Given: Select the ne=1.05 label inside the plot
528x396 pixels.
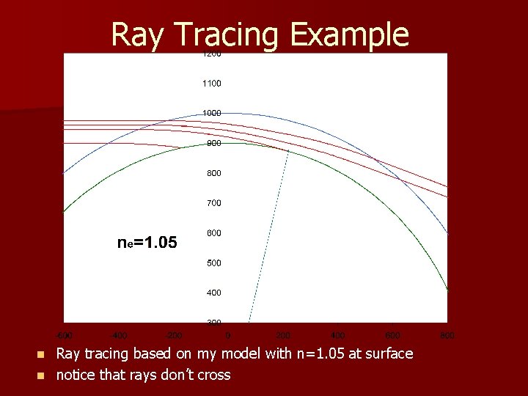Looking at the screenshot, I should (147, 242).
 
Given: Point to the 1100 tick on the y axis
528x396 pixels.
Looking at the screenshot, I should (212, 84).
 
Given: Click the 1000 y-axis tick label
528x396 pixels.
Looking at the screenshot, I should (212, 113).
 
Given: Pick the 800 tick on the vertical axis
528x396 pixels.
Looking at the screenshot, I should (213, 173).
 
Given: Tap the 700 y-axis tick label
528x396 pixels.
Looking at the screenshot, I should (213, 203).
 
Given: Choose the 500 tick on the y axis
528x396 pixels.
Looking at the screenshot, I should (213, 263).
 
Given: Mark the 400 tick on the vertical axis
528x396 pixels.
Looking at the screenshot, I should (213, 293).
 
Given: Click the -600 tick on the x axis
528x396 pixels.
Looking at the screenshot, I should (65, 335).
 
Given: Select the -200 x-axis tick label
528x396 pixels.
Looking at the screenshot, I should (173, 335).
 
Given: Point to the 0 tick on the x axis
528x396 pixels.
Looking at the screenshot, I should (228, 335).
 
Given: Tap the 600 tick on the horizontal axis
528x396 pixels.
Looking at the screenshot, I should (392, 335).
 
